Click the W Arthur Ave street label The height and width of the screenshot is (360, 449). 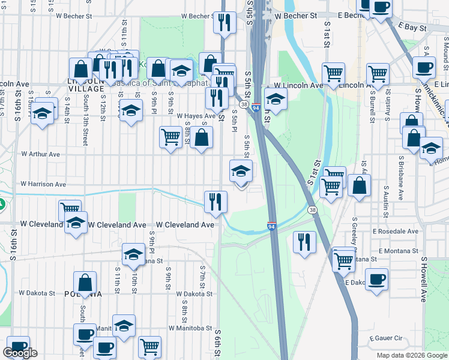point(41,154)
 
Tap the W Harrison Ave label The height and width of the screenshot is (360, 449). point(43,184)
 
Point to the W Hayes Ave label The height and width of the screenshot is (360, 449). point(196,116)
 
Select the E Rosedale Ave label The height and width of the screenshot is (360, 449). point(395,231)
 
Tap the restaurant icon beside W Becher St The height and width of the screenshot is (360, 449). point(224,23)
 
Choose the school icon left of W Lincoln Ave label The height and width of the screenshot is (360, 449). point(275,99)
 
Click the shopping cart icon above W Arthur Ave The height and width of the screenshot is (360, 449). point(171,137)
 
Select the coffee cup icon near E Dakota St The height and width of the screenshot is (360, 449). point(376,279)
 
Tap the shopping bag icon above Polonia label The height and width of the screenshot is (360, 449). point(85,283)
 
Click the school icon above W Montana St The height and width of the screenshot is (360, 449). point(133,254)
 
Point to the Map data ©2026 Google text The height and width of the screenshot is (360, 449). point(411,355)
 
